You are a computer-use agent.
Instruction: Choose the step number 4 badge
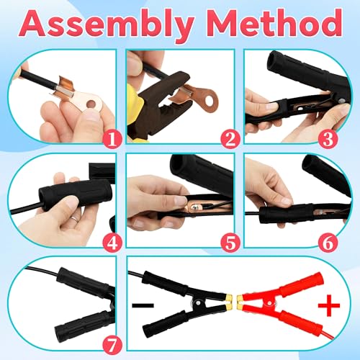[x=111, y=243]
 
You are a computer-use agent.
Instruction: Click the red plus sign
[x=328, y=308]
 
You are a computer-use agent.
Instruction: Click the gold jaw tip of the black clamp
[x=228, y=297]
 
